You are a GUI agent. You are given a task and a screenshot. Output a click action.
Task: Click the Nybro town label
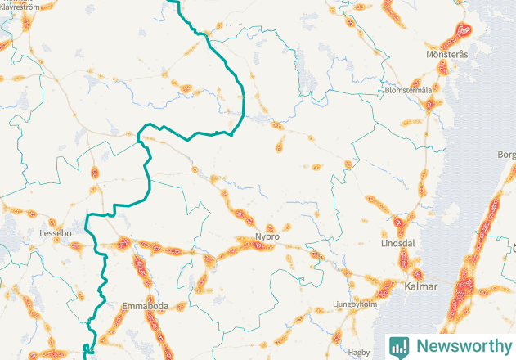coord(267,236)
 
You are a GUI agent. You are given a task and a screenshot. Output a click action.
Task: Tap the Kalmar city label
coord(421,287)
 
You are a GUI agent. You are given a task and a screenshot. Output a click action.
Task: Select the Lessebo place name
coord(56,233)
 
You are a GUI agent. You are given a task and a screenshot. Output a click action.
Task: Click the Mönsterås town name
coord(446,55)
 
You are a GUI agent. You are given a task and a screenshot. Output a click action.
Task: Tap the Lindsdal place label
coord(399,244)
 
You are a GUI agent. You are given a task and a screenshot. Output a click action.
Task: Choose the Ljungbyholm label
coord(356,304)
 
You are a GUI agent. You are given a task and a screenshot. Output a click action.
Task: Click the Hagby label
coord(359,353)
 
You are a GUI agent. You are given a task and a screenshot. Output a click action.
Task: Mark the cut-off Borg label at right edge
coord(506,154)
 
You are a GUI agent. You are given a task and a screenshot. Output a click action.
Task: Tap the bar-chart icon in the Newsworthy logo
coord(399,346)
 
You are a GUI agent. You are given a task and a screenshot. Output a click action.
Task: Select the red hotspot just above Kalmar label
coord(417,273)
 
